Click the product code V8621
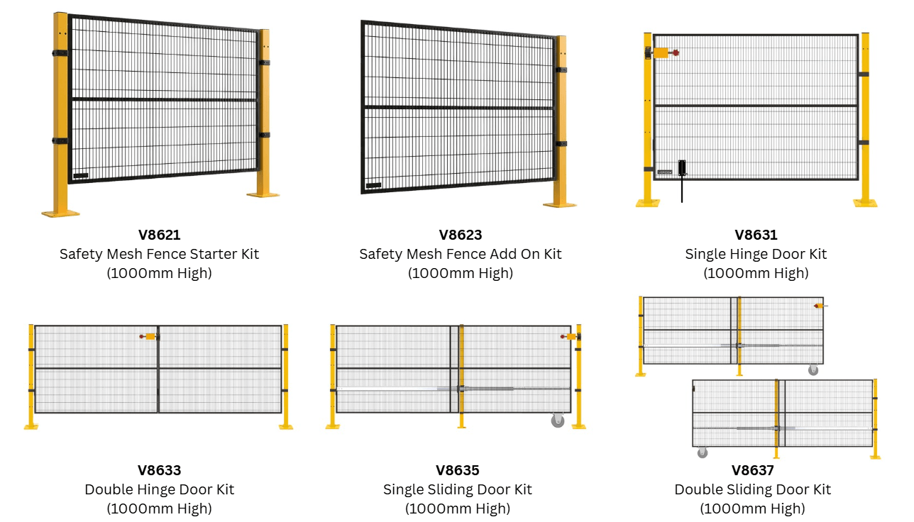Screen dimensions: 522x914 pyautogui.click(x=159, y=235)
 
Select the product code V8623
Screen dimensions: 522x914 pyautogui.click(x=460, y=235)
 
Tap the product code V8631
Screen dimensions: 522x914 pyautogui.click(x=756, y=235)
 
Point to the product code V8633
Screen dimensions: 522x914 pyautogui.click(x=159, y=470)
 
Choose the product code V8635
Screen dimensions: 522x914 pyautogui.click(x=457, y=470)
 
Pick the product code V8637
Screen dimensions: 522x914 pyautogui.click(x=752, y=470)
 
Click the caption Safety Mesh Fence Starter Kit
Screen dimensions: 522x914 pyautogui.click(x=159, y=254)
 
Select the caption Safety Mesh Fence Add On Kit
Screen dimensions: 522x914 pyautogui.click(x=460, y=254)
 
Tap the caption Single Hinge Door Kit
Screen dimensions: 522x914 pyautogui.click(x=756, y=254)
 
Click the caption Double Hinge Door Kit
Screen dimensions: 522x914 pyautogui.click(x=159, y=489)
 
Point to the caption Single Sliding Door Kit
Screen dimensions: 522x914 pyautogui.click(x=457, y=489)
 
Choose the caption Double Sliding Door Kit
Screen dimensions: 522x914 pyautogui.click(x=752, y=489)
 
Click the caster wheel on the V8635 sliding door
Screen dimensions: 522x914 pyautogui.click(x=558, y=421)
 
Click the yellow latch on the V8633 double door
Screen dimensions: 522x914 pyautogui.click(x=149, y=337)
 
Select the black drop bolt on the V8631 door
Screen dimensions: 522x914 pyautogui.click(x=682, y=170)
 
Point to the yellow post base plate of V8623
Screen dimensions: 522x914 pyautogui.click(x=560, y=204)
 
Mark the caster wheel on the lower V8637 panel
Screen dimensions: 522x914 pyautogui.click(x=703, y=452)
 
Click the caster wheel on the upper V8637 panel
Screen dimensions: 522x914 pyautogui.click(x=813, y=370)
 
